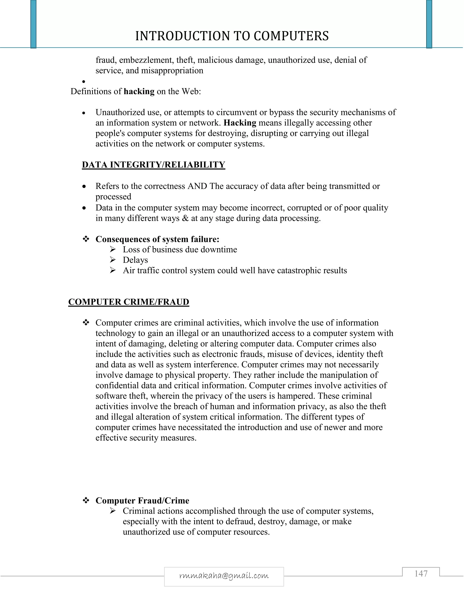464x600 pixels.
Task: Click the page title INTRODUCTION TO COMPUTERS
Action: coord(232,36)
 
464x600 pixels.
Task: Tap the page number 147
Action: coord(421,574)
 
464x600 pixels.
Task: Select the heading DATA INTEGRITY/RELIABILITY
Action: coord(153,165)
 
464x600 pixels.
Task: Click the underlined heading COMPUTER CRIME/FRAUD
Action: coord(129,302)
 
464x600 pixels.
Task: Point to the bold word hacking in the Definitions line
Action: coord(139,91)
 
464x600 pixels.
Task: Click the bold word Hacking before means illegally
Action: coord(240,123)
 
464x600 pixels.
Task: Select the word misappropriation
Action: coord(172,71)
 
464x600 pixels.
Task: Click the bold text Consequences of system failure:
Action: coord(157,239)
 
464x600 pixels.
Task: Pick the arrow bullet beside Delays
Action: coord(113,260)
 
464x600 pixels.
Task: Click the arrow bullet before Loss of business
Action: coord(113,249)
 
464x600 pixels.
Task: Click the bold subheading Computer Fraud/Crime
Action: coord(142,501)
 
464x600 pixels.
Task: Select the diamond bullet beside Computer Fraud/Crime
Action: coord(86,500)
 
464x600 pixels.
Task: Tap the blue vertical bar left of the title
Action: coord(33,24)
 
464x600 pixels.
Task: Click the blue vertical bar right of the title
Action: coord(429,24)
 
